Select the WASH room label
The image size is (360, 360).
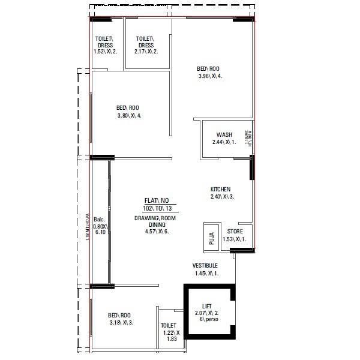224,134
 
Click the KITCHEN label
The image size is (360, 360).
220,189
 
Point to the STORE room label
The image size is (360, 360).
235,232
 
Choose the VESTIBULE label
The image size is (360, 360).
205,266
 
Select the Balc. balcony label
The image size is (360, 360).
99,220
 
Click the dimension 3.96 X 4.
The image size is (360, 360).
214,76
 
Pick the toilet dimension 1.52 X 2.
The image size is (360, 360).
106,52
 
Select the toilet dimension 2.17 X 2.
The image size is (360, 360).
146,52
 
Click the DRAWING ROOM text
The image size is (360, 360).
156,218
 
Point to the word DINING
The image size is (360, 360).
156,225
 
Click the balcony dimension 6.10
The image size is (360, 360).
99,233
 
